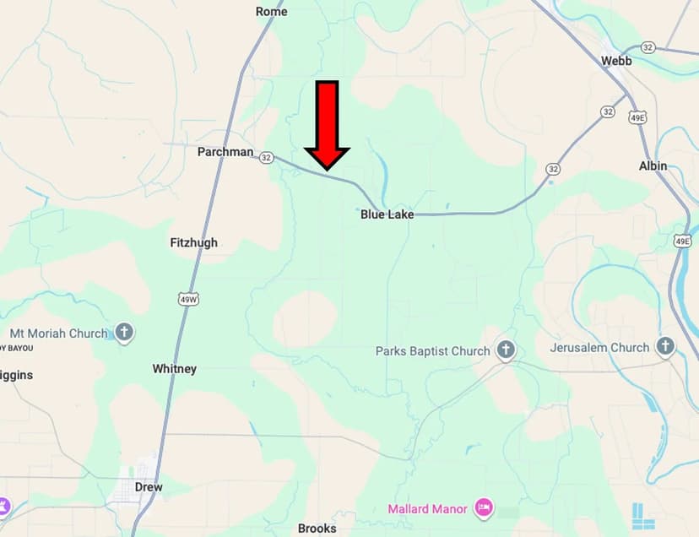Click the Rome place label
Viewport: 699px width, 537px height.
click(x=271, y=12)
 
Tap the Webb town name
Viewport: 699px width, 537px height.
click(x=615, y=61)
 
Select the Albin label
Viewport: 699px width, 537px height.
click(x=653, y=166)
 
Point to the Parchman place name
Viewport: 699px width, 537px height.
click(x=225, y=152)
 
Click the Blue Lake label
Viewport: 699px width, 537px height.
click(x=387, y=214)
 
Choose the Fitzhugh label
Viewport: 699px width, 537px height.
click(x=193, y=242)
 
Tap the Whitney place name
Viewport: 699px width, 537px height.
click(x=174, y=369)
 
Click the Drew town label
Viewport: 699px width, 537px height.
click(x=149, y=487)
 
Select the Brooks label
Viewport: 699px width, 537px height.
click(x=317, y=529)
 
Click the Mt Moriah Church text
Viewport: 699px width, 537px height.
click(x=58, y=334)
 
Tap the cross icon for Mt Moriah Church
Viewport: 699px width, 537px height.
click(x=124, y=333)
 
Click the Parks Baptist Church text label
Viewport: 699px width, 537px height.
click(x=432, y=351)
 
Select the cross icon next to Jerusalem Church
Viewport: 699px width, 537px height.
click(x=666, y=346)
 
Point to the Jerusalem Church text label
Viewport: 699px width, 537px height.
click(x=599, y=347)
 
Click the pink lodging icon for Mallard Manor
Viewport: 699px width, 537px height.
click(x=484, y=507)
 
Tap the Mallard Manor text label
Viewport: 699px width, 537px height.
click(x=428, y=509)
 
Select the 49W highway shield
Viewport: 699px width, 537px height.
click(x=189, y=298)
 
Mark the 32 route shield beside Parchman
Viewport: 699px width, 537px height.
click(x=267, y=157)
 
